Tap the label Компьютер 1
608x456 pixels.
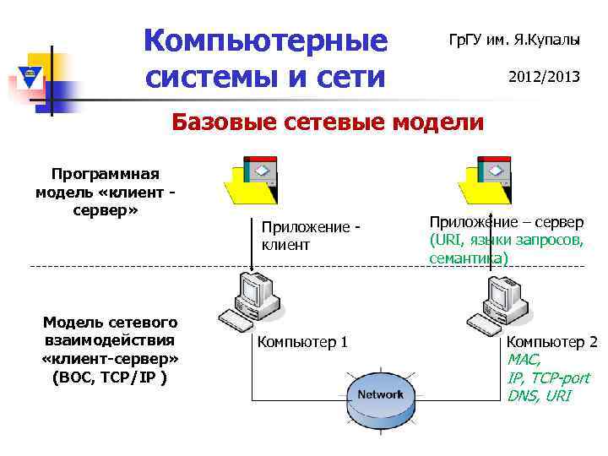coord(302,342)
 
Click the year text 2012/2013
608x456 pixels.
coord(544,76)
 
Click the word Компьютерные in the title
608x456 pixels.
coord(265,39)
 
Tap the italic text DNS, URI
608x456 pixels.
coord(539,395)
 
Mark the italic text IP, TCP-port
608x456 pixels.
coord(548,377)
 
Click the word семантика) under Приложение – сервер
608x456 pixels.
coord(469,258)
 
